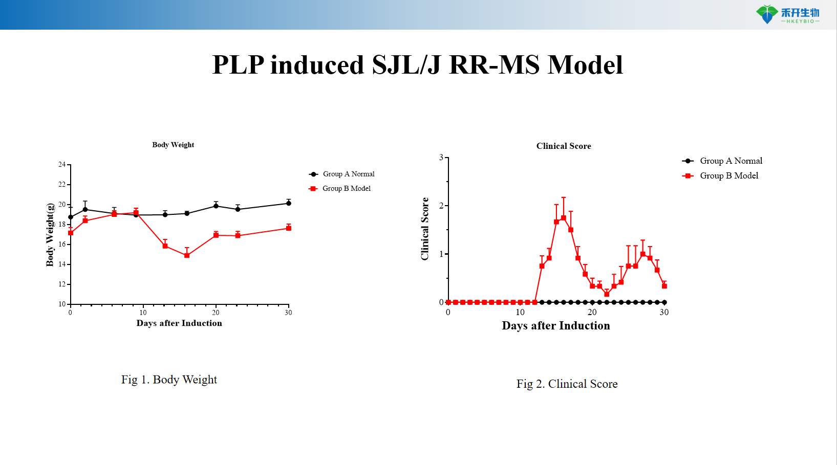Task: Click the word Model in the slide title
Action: (x=585, y=65)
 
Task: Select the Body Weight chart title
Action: (x=173, y=145)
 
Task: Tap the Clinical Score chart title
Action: (x=563, y=146)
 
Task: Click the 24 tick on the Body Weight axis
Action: (x=62, y=164)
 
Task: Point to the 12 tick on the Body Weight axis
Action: (x=62, y=284)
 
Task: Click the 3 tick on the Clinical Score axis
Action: (x=441, y=158)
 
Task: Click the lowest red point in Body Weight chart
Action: (x=187, y=255)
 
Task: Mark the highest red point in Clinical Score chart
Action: (x=564, y=218)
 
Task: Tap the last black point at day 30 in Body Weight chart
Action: (x=289, y=203)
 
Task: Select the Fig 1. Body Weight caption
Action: (x=169, y=380)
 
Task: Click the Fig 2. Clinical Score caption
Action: (x=567, y=384)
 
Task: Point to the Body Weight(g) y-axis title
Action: (x=50, y=235)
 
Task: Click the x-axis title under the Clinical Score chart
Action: (x=555, y=326)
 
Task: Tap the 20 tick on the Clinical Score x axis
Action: (x=592, y=312)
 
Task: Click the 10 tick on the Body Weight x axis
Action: (x=143, y=313)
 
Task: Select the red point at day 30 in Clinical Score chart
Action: (x=664, y=286)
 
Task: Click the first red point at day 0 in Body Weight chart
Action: (x=71, y=233)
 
